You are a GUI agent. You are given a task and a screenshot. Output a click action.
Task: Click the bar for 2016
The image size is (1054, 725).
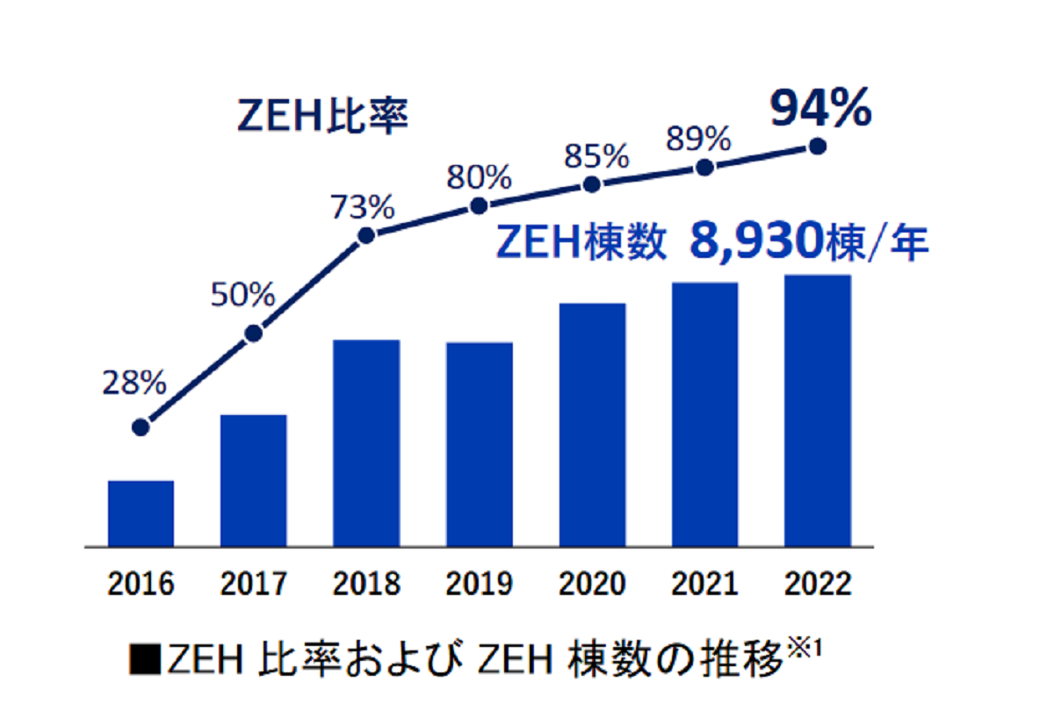tap(141, 513)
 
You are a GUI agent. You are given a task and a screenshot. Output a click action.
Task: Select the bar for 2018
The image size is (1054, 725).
tap(366, 442)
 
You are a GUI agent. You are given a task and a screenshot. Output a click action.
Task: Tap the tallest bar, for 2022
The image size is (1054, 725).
tap(817, 411)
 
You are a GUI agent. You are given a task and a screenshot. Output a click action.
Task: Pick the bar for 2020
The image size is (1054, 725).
tap(592, 425)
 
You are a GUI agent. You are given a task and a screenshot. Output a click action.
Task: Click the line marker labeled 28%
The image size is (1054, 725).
tap(141, 427)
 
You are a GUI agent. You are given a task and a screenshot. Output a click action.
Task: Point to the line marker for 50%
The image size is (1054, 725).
tap(253, 334)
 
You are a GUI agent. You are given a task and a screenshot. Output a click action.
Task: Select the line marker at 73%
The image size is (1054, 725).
tap(367, 235)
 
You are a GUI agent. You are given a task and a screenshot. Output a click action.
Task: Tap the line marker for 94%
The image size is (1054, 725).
tap(818, 147)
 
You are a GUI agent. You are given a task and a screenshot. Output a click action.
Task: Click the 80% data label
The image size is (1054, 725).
tap(480, 178)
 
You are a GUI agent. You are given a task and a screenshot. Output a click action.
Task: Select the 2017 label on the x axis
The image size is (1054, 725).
tap(254, 585)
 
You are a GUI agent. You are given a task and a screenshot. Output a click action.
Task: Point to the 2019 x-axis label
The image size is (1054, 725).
tap(480, 585)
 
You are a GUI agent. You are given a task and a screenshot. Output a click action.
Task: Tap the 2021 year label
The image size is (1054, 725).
tap(704, 585)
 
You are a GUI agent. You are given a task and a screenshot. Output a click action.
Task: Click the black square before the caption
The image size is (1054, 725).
tap(144, 660)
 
